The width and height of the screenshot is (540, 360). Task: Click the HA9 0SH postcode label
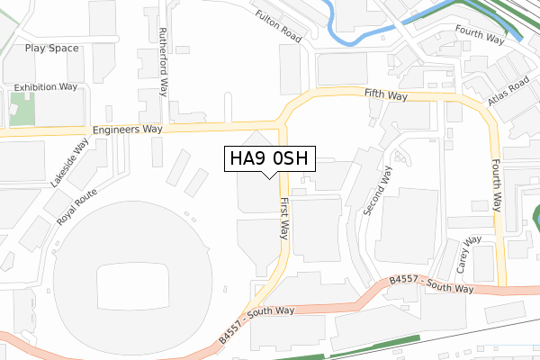pyautogui.click(x=269, y=158)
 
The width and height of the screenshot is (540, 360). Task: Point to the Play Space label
pyautogui.click(x=51, y=48)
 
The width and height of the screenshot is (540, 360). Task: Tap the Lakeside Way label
pyautogui.click(x=69, y=162)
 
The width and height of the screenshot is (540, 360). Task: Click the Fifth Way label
pyautogui.click(x=387, y=94)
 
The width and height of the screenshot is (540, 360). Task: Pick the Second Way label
pyautogui.click(x=378, y=191)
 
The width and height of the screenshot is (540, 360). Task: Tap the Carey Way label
pyautogui.click(x=469, y=255)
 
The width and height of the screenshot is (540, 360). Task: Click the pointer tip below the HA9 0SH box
pyautogui.click(x=269, y=176)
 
